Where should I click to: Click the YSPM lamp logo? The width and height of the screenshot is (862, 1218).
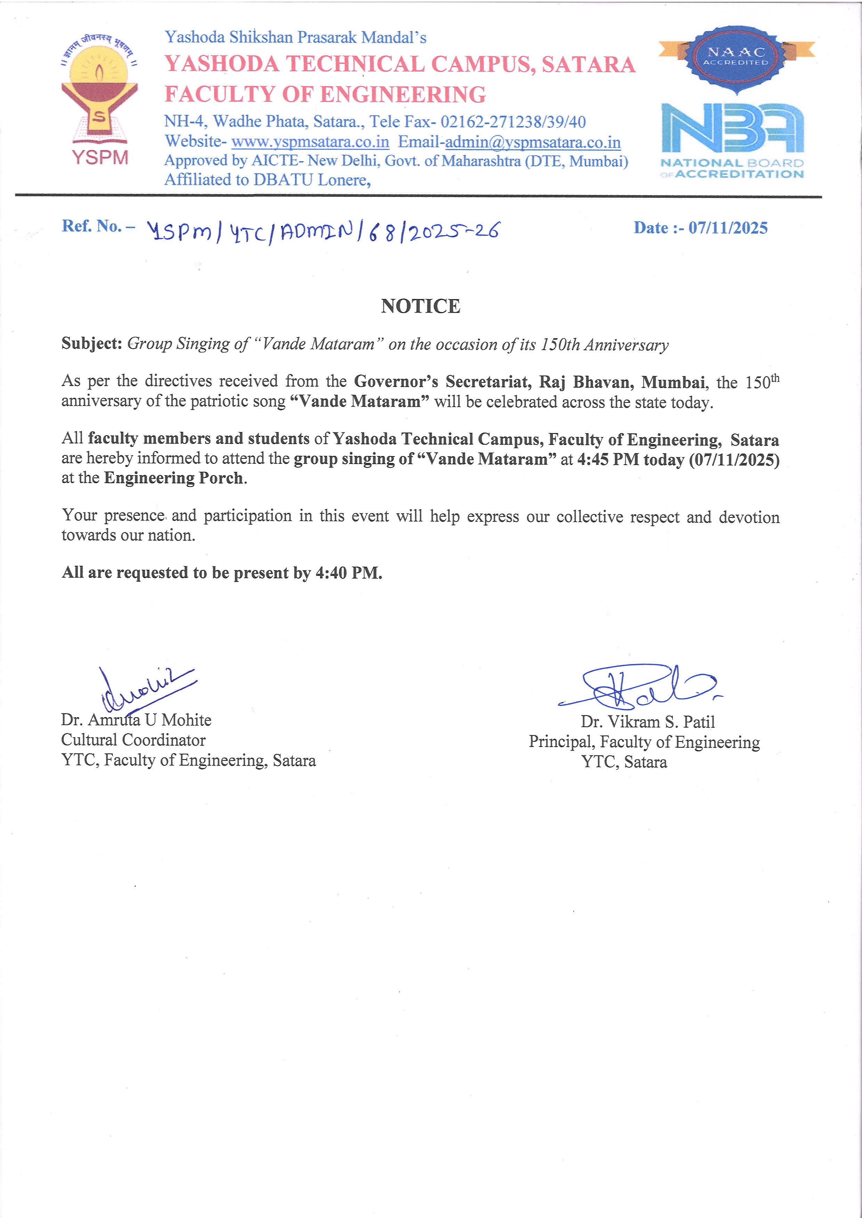coord(99,96)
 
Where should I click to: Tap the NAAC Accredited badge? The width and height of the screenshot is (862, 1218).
coord(736,58)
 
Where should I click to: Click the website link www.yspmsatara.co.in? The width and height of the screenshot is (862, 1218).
coord(310,142)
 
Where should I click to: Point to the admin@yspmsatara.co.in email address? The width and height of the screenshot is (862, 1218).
coord(532,142)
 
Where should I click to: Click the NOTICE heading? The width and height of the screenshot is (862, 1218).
coord(420,306)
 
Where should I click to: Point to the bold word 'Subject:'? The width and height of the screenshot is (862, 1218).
coord(92,343)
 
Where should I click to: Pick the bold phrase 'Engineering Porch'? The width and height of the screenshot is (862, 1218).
coord(173,478)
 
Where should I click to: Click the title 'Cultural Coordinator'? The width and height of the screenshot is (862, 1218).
coord(133,739)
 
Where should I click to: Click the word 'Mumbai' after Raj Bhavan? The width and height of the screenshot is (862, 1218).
coord(673,382)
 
